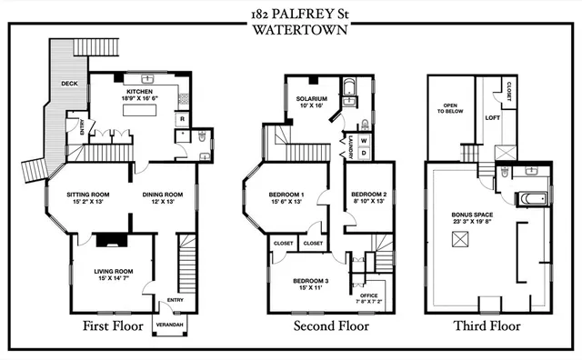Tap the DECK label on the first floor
69,84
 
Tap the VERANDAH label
169,325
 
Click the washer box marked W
364,141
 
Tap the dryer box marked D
364,153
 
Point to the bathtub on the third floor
527,197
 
